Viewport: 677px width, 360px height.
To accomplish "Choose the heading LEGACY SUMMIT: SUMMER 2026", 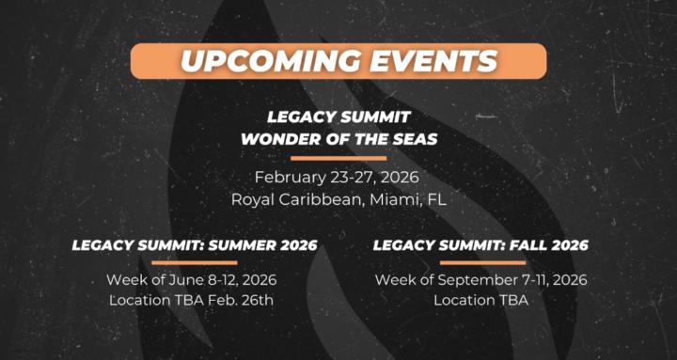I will point(195,245).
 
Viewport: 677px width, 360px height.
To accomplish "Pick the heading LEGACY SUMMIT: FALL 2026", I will point(480,245).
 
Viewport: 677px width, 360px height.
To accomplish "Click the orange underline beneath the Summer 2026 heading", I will point(194,263).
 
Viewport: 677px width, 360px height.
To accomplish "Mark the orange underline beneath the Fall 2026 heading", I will point(481,263).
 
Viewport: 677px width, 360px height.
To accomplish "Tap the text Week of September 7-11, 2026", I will point(480,280).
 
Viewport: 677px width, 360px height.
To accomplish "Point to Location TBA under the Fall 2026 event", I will point(480,301).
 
